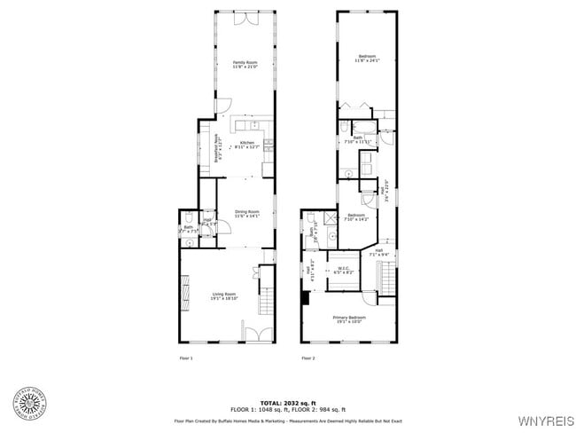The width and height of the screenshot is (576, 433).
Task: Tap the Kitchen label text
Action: pos(247,145)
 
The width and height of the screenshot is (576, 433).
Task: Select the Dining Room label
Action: pos(246,213)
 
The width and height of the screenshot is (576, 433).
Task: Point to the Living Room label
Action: pos(223,296)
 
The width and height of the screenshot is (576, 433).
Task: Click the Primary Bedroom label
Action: pos(349,319)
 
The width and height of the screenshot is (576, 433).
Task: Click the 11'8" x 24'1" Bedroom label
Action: pos(366,59)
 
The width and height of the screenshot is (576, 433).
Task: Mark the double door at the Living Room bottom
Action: pos(257,336)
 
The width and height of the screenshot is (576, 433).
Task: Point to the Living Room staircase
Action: pos(266,301)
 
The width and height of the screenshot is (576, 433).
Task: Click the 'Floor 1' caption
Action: pos(186,358)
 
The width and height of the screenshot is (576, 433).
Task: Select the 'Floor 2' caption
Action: pos(307,358)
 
